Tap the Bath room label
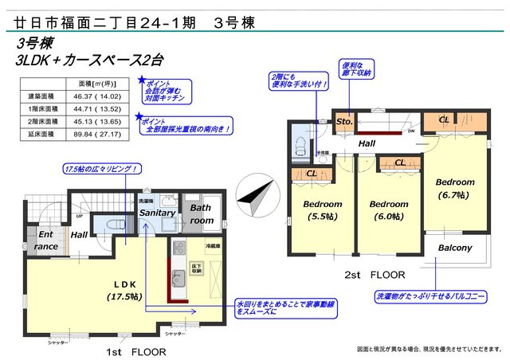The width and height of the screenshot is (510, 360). point(201,213)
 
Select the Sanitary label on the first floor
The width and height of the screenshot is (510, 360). point(156,213)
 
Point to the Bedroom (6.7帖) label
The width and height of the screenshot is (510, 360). point(455,187)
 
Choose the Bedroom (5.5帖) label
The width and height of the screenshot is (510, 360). point(322,209)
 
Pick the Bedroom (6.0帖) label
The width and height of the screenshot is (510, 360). point(389,209)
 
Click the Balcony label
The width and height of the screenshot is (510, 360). point(455,248)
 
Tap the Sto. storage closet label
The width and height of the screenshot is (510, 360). point(343,122)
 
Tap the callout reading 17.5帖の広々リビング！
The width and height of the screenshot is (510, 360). point(102,169)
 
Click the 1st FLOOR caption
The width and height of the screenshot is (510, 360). point(137,350)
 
